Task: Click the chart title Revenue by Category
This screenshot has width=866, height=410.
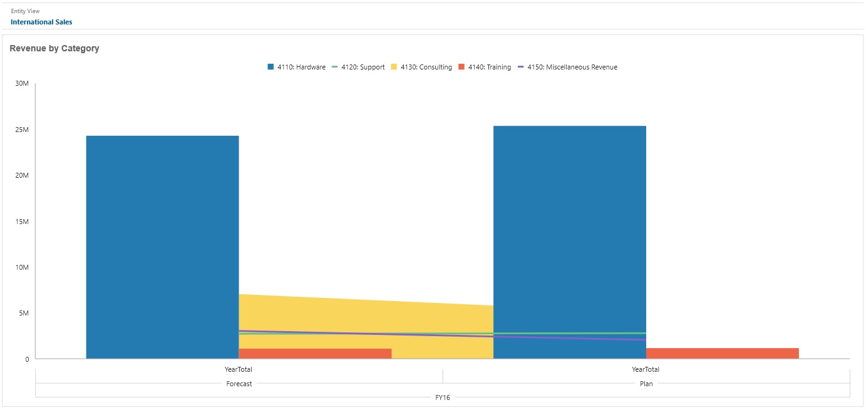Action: (54, 48)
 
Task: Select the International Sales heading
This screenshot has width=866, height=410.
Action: (41, 22)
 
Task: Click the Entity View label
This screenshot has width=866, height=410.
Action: (25, 11)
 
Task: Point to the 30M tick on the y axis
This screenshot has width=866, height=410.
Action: (23, 84)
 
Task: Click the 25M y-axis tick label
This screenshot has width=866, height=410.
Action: (23, 130)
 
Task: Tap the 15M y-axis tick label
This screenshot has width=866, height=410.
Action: (23, 222)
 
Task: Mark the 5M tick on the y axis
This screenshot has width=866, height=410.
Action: (24, 313)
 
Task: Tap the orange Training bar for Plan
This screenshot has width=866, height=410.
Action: (722, 353)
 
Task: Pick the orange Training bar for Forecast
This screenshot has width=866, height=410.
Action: (315, 354)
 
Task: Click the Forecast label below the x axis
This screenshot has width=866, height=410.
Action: (239, 384)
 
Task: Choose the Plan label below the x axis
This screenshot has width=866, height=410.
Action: (646, 384)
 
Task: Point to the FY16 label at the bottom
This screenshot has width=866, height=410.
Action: (443, 397)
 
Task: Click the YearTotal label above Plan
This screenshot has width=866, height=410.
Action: (646, 369)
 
